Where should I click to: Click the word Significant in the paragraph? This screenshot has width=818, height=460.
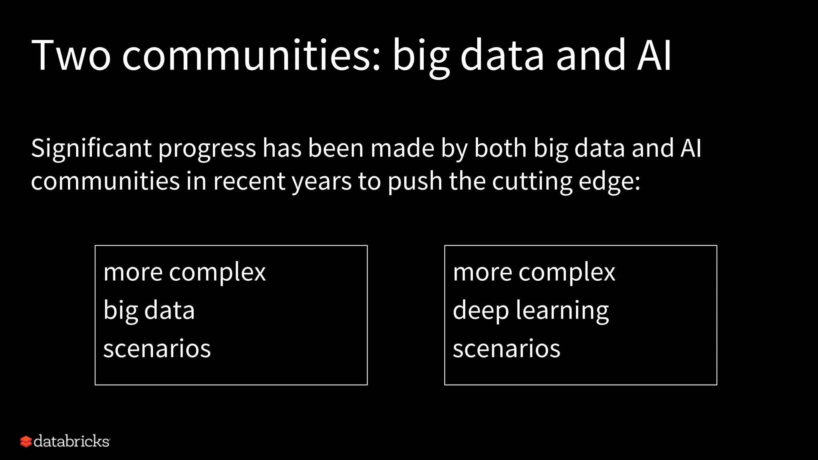pos(91,149)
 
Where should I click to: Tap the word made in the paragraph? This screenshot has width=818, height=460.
pos(402,148)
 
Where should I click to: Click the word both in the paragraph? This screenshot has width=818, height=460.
pos(500,148)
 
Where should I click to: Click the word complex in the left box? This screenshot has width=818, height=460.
pos(217,273)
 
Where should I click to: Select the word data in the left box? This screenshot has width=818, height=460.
pos(169,311)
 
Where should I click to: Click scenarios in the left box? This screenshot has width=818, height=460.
pos(157,349)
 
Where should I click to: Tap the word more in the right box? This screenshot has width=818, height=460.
pos(482,273)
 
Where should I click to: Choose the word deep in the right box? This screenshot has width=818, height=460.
pos(480,311)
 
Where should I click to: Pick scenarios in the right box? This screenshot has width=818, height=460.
pos(506,349)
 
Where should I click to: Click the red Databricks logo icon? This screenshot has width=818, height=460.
pos(26,442)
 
